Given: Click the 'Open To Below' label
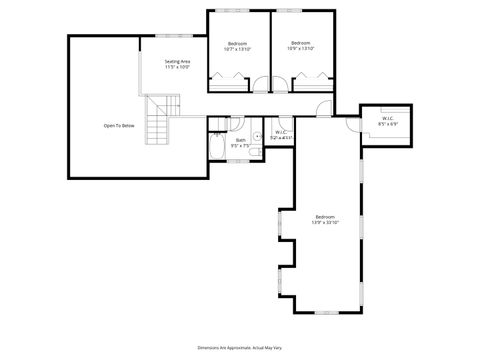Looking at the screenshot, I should [x=119, y=125].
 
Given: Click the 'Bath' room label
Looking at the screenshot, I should [x=240, y=142].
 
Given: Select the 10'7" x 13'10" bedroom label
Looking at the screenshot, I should [x=237, y=46].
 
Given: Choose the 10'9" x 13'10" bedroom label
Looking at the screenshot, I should [x=301, y=46].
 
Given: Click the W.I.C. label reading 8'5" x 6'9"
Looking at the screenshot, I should [x=388, y=122].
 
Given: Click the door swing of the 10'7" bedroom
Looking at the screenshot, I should [x=262, y=86].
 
